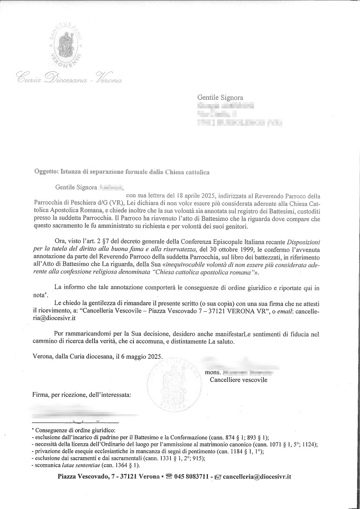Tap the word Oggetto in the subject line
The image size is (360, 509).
(x=46, y=172)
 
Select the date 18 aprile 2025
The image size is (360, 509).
(x=200, y=196)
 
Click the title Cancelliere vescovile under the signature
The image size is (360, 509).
(x=238, y=380)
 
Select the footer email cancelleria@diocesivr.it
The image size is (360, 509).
(x=257, y=477)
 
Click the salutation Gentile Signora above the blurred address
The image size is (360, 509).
(x=220, y=98)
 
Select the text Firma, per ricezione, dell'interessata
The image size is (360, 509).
(x=82, y=395)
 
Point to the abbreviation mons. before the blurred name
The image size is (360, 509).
(x=212, y=372)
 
